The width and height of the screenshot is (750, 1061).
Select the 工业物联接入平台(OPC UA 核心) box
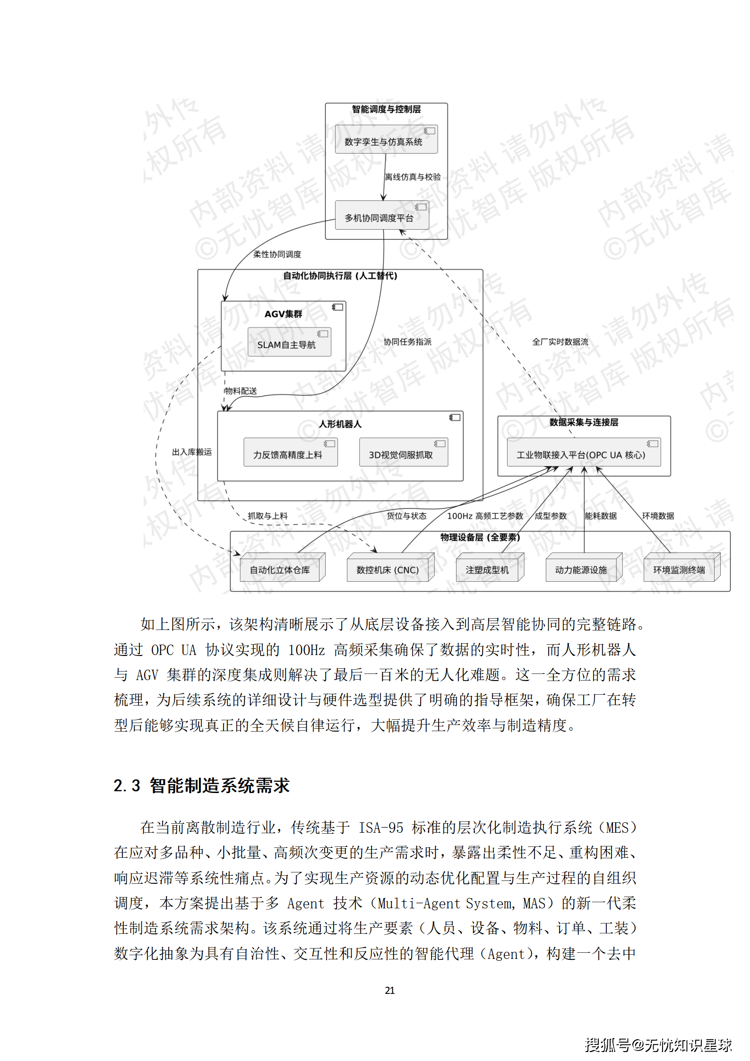click(x=583, y=452)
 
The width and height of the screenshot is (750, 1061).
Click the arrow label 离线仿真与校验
click(x=413, y=177)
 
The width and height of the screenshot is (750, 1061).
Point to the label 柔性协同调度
click(x=277, y=254)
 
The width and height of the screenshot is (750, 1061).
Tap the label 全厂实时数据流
click(x=560, y=342)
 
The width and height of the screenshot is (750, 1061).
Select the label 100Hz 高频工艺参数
click(x=485, y=516)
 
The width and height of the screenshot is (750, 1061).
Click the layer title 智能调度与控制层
click(x=386, y=109)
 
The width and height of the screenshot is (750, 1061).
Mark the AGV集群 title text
click(x=283, y=314)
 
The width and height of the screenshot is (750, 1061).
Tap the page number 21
click(x=389, y=990)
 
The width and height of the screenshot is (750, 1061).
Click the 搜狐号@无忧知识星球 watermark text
click(x=658, y=1045)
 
